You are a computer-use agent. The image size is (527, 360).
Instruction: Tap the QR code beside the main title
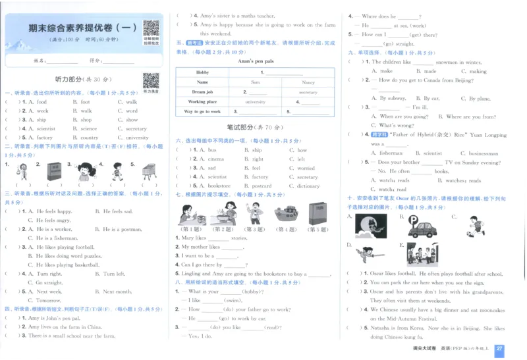pos(151,28)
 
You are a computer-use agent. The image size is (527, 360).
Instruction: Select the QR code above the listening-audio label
pos(151,80)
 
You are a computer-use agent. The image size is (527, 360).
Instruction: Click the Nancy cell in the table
pos(308,82)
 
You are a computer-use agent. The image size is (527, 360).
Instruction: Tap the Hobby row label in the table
pos(202,72)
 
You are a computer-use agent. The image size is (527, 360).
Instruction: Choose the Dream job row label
pos(202,92)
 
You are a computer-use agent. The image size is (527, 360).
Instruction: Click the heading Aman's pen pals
pos(256,61)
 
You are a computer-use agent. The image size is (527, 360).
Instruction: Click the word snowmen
pos(446,62)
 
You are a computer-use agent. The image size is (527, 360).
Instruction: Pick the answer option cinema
pos(216,159)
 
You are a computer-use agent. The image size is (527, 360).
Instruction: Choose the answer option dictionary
pos(308,186)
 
